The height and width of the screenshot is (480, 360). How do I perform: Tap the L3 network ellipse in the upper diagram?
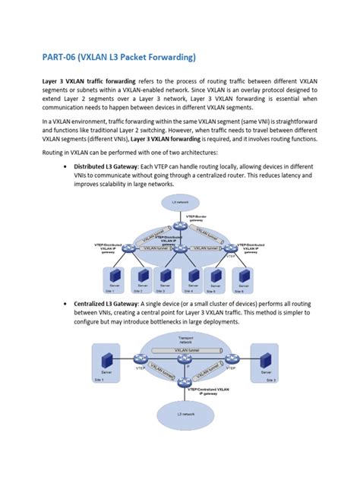point(180,203)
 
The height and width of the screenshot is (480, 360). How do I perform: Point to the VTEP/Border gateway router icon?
point(180,225)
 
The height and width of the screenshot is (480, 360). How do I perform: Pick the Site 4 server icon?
point(193,275)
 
